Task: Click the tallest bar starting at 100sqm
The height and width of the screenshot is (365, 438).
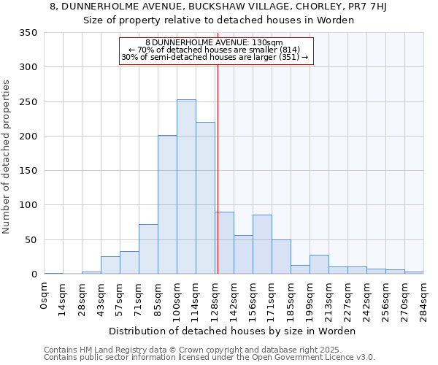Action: [186, 187]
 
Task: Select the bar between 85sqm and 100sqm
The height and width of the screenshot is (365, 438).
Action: [167, 205]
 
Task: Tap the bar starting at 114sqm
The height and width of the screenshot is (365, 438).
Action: [205, 199]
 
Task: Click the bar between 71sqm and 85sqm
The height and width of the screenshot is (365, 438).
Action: [148, 249]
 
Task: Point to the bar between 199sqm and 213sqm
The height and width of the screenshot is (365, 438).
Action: [319, 264]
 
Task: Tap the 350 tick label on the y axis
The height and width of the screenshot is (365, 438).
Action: [28, 33]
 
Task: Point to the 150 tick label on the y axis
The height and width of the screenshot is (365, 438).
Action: [28, 171]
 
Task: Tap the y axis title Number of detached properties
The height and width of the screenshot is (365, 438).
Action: [7, 157]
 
